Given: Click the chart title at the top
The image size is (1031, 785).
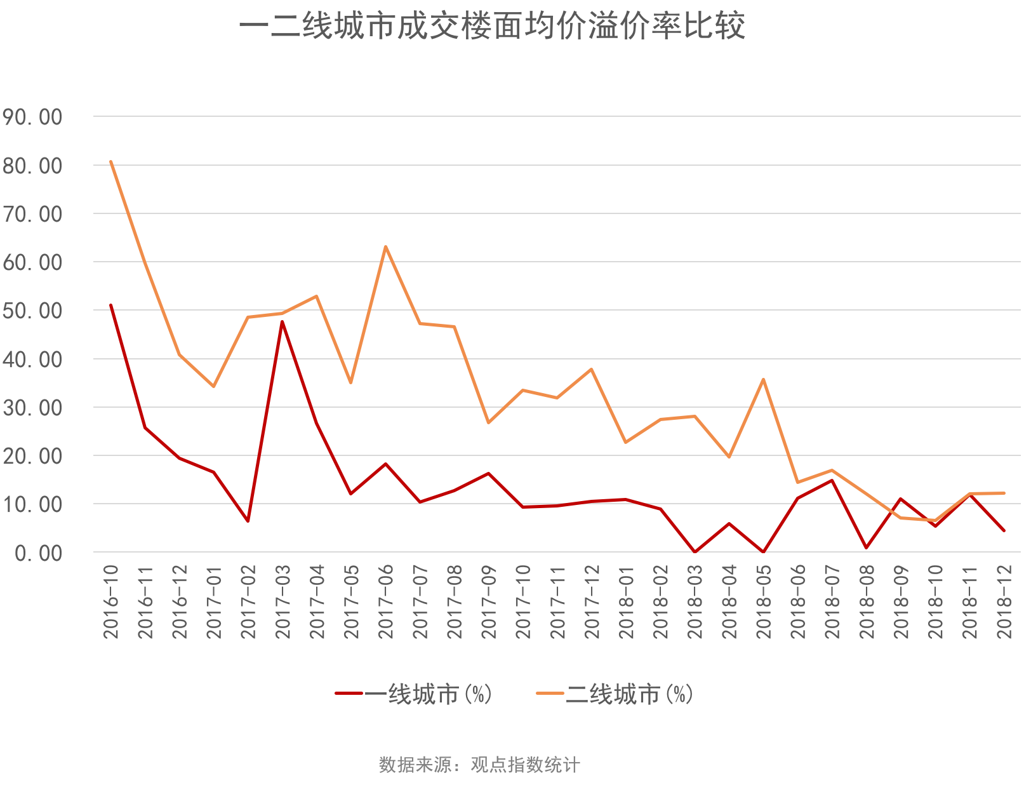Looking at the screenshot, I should pyautogui.click(x=492, y=27).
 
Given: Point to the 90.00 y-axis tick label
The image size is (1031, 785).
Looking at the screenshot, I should pyautogui.click(x=32, y=117).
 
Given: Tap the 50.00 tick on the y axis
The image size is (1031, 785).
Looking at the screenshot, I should pyautogui.click(x=32, y=311).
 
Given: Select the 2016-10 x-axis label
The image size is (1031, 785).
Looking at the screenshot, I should pyautogui.click(x=111, y=601).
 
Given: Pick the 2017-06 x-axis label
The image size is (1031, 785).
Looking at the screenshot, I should pyautogui.click(x=386, y=601).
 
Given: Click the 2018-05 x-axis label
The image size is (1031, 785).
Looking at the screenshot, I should pyautogui.click(x=764, y=601).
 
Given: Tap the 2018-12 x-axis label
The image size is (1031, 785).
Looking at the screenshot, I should pyautogui.click(x=1004, y=601).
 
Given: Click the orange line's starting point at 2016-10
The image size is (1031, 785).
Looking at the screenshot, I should pyautogui.click(x=111, y=161).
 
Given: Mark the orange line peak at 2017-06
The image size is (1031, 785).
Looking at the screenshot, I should pyautogui.click(x=385, y=246).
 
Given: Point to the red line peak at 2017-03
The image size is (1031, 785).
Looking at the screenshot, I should pyautogui.click(x=282, y=321).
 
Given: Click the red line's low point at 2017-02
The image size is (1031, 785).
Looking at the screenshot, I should pyautogui.click(x=248, y=521).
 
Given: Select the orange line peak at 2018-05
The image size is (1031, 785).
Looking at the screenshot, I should pyautogui.click(x=763, y=379).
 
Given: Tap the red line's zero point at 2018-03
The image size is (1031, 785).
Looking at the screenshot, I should pyautogui.click(x=695, y=551).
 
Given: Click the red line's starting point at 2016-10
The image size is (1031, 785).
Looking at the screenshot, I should pyautogui.click(x=111, y=304).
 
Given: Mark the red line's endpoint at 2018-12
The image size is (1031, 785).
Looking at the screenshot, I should pyautogui.click(x=1004, y=530).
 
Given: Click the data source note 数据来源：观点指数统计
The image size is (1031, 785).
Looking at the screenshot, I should pyautogui.click(x=479, y=765).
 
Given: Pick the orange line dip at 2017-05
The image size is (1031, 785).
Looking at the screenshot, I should pyautogui.click(x=350, y=382).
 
